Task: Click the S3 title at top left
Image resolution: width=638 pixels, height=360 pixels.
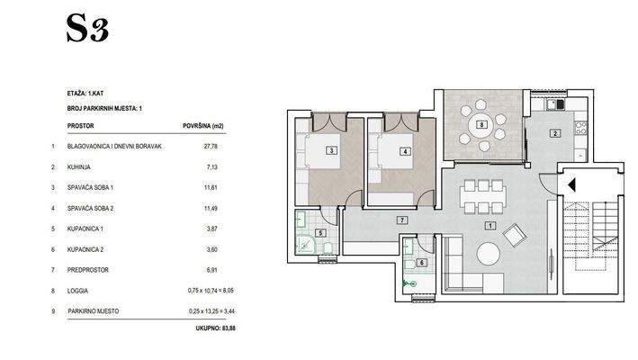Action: (x=87, y=29)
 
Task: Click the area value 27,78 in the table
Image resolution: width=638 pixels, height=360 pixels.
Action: (x=211, y=146)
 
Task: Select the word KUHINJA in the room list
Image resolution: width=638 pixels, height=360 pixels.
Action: (x=79, y=166)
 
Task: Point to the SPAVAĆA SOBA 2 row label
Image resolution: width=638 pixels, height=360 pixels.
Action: (x=90, y=208)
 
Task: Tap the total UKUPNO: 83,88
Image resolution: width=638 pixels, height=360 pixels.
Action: (x=215, y=328)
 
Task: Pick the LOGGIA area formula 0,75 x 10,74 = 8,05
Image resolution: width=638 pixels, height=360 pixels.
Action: (x=211, y=291)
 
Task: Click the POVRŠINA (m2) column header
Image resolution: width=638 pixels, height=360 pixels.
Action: (x=203, y=126)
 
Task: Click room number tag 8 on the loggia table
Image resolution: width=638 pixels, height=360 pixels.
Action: (x=481, y=125)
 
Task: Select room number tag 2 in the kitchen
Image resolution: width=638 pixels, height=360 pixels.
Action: (x=554, y=133)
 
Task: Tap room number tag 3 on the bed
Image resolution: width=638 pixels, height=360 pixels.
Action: (x=332, y=151)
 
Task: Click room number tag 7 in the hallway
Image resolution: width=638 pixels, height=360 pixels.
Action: (x=402, y=220)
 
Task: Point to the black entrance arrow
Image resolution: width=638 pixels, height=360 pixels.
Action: (x=571, y=185)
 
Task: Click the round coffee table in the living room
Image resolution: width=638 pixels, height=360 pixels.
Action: (x=489, y=254)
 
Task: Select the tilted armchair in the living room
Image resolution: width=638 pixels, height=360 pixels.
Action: (x=515, y=235)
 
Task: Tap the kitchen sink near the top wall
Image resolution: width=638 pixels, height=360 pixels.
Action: (x=553, y=104)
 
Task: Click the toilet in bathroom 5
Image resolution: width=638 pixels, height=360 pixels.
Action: (x=328, y=247)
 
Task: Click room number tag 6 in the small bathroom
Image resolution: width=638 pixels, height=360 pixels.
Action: (x=421, y=263)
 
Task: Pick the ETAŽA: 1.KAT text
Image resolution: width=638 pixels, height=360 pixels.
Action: (x=85, y=94)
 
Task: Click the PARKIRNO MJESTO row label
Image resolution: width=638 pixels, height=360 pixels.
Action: (x=94, y=311)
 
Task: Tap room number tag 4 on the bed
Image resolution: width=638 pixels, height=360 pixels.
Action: (x=405, y=151)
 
